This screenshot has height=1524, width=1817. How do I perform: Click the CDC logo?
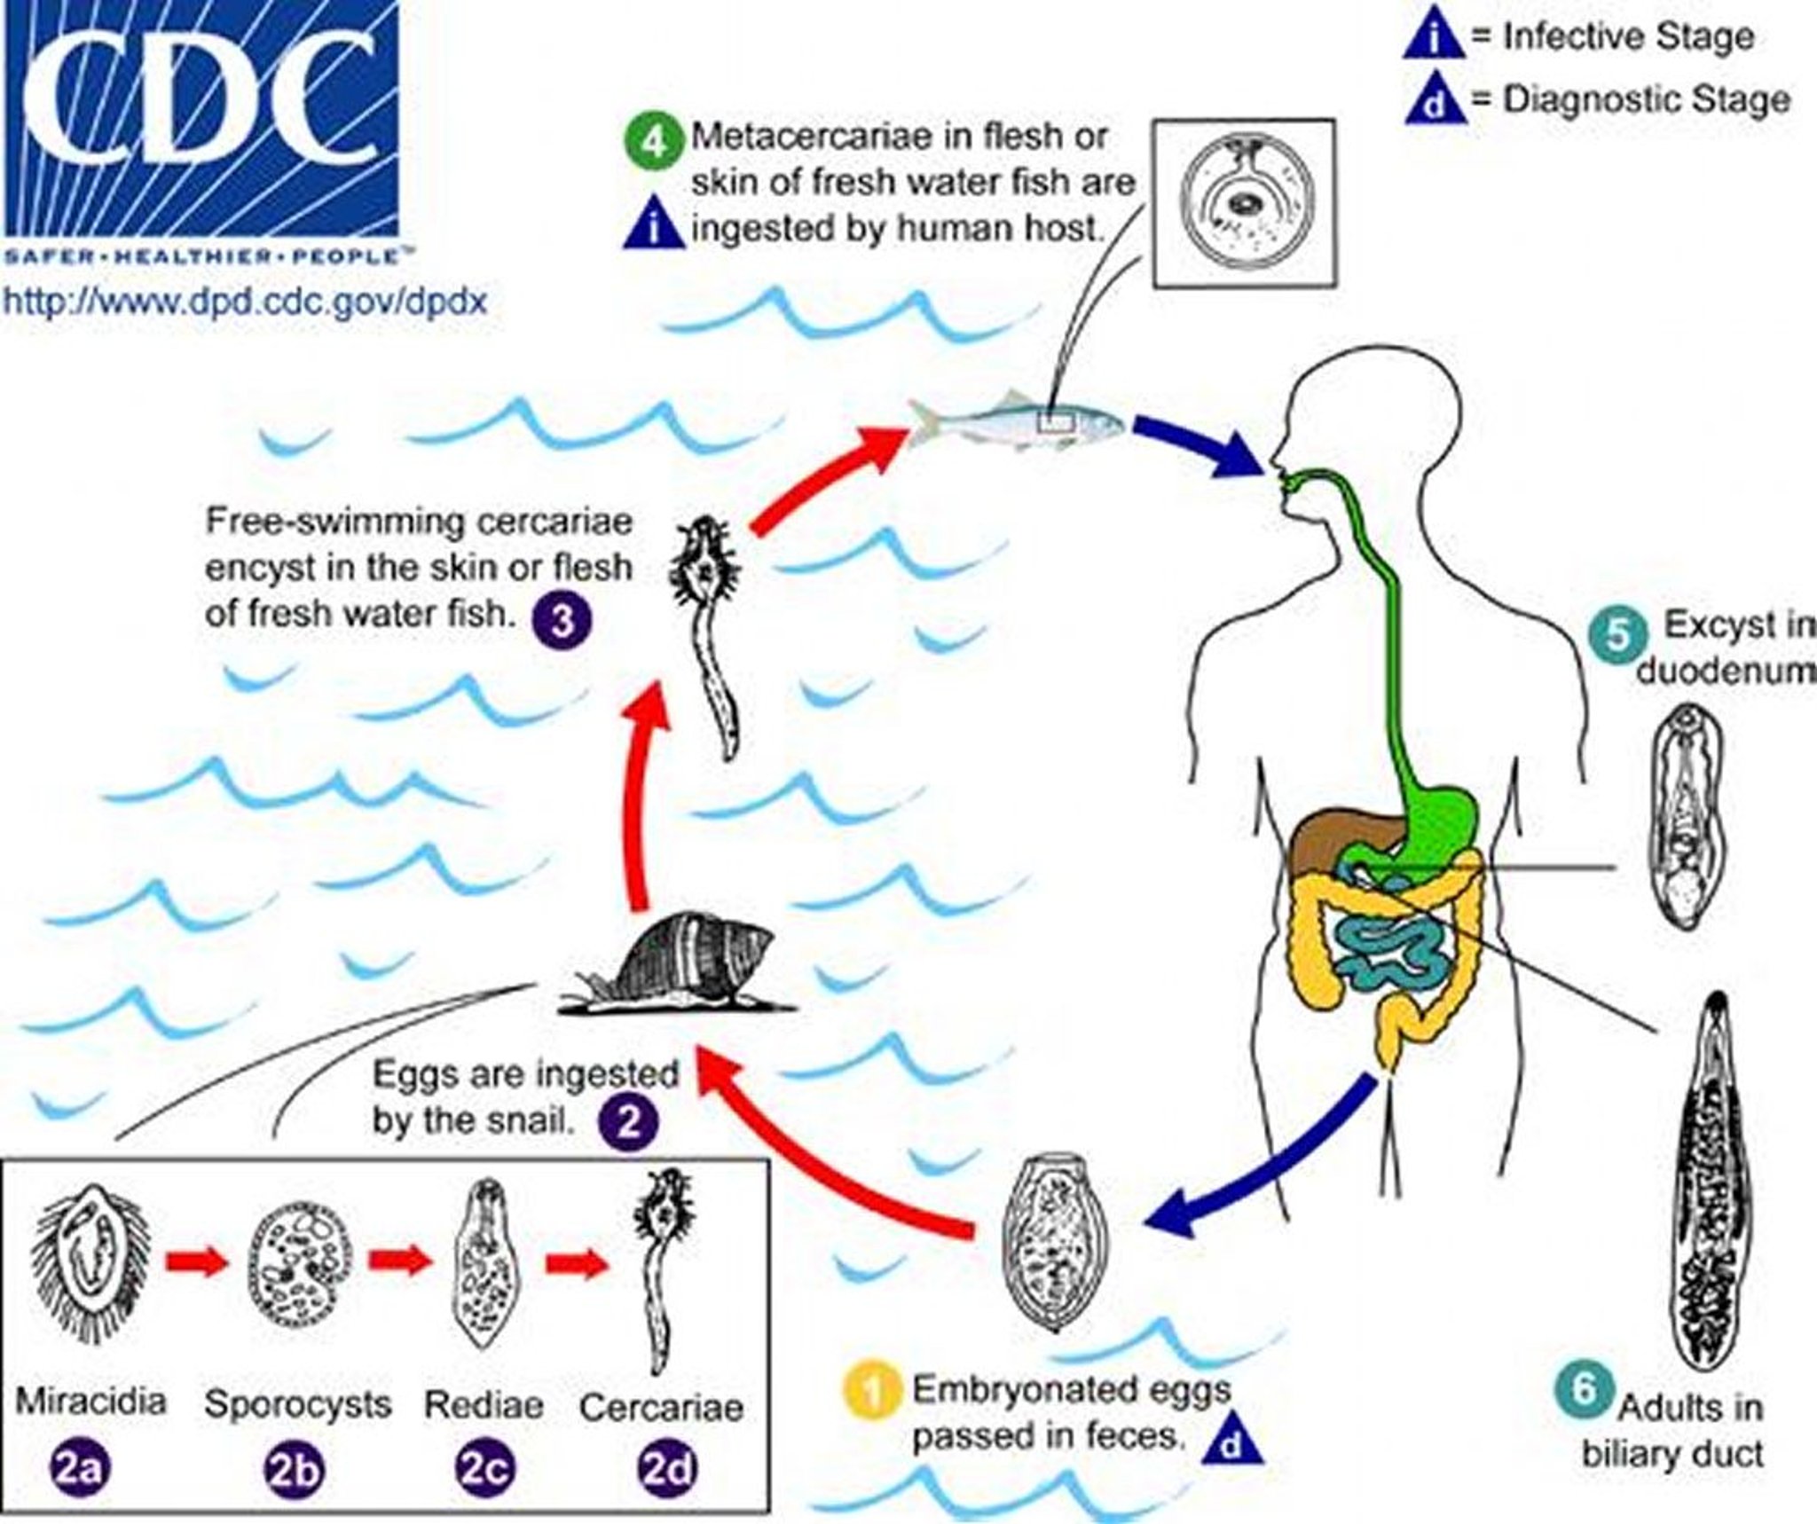point(200,120)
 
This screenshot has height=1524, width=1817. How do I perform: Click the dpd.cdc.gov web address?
point(246,302)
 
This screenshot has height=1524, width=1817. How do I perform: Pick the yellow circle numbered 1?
point(873,1391)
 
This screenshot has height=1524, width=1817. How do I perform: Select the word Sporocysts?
point(297,1404)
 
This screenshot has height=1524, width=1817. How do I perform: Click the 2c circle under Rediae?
point(484,1469)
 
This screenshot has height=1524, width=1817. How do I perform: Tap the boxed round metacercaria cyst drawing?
point(1244,204)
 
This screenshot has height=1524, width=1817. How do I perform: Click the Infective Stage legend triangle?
point(1434,38)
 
